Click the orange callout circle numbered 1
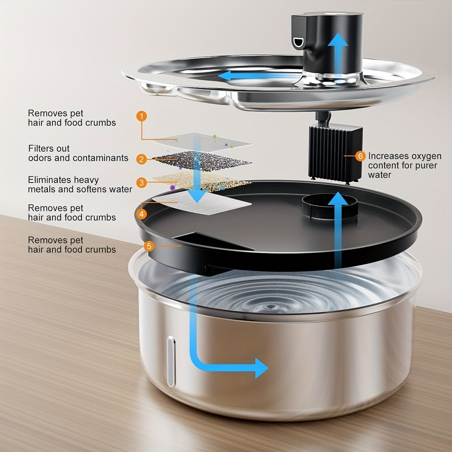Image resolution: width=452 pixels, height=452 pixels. [x=141, y=116]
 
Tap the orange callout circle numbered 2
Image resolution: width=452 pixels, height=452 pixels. [x=141, y=159]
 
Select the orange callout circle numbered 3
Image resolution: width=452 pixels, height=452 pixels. [x=141, y=183]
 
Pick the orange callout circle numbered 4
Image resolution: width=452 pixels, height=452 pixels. [x=141, y=214]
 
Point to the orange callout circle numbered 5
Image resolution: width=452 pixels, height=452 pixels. [x=149, y=246]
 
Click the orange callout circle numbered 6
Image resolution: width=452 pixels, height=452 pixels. [x=360, y=156]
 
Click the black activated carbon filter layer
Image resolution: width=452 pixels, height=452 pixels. [x=202, y=161]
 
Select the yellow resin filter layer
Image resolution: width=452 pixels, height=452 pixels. [x=202, y=181]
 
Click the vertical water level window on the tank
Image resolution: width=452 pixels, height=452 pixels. [x=171, y=362]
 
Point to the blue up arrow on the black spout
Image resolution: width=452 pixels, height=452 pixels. [x=338, y=55]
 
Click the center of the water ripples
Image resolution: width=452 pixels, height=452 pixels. [x=271, y=307]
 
